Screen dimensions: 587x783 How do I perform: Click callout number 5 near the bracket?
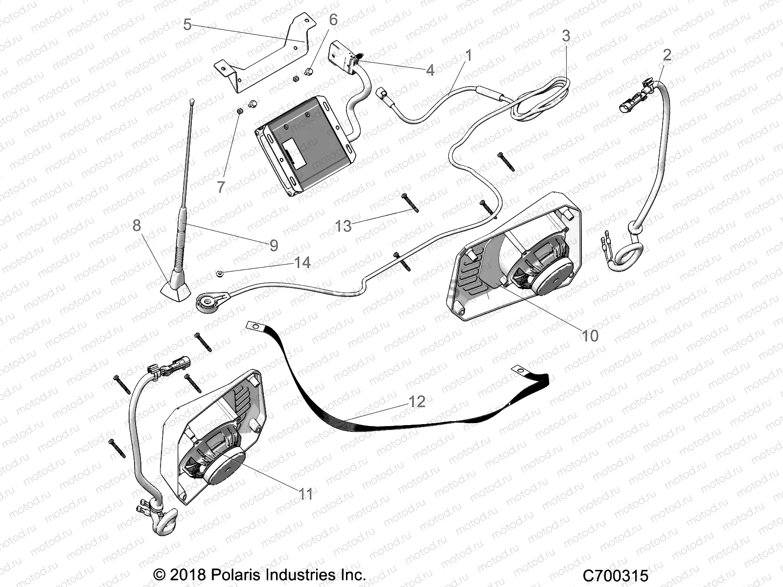point(187,24)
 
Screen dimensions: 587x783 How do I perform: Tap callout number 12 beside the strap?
point(417,402)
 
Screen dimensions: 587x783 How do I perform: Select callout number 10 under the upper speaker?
point(590,336)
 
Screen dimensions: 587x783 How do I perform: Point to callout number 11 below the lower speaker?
point(306,494)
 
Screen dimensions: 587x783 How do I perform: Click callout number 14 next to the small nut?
point(302,263)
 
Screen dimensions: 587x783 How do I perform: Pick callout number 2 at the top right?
point(667,55)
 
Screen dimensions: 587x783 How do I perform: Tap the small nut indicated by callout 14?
point(221,272)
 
